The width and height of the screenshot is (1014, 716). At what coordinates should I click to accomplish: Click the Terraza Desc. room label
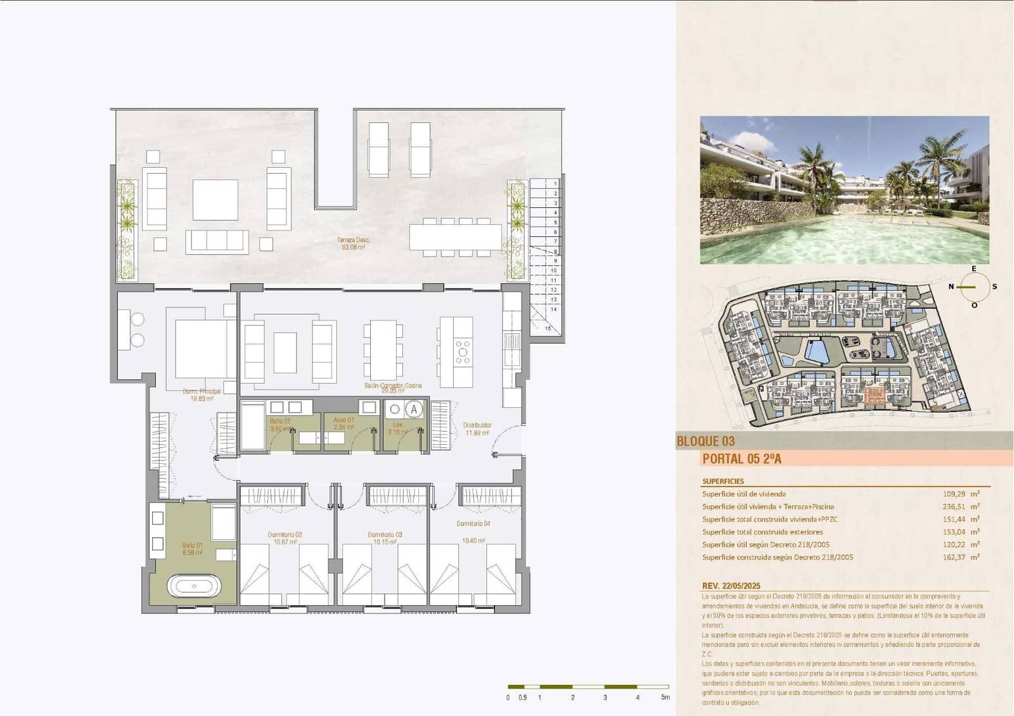(x=353, y=240)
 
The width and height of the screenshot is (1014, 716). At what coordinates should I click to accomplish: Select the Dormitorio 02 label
(x=285, y=535)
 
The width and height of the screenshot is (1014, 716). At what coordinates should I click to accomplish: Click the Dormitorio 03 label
(x=385, y=535)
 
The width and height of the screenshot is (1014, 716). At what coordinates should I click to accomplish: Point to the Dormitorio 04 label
(x=473, y=524)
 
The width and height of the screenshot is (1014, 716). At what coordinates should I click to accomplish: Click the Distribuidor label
(x=477, y=425)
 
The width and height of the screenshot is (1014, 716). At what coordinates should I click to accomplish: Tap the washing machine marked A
(x=414, y=409)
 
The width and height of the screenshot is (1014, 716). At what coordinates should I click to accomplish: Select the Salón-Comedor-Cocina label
(x=393, y=385)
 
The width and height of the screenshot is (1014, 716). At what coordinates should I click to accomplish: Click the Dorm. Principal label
(x=202, y=392)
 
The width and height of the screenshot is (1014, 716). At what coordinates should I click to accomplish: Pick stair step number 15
(x=548, y=329)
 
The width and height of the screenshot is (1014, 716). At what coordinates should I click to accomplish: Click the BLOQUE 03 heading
(x=705, y=441)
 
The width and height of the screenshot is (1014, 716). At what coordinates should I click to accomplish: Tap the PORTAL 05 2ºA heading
(x=741, y=459)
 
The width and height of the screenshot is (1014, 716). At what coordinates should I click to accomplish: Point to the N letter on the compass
(x=951, y=286)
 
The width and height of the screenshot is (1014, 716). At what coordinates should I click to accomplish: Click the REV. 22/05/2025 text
(x=731, y=586)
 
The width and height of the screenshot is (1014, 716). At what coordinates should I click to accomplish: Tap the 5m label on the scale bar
(x=665, y=698)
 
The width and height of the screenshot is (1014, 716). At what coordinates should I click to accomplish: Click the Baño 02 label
(x=280, y=421)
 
